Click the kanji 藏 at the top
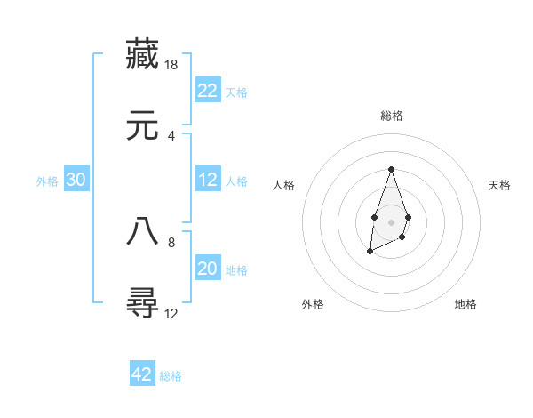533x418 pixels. point(142,54)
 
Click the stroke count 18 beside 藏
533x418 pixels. point(172,65)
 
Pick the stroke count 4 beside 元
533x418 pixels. point(171,136)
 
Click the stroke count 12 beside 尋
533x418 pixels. point(172,313)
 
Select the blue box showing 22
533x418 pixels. point(208,91)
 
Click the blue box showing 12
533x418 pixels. point(208,180)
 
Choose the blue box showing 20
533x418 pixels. point(208,269)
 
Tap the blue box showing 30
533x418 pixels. point(76,180)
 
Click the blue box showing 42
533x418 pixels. point(142,374)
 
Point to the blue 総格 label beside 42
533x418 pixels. point(171,376)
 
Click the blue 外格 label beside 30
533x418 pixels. point(47,181)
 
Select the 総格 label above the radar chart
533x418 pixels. point(391,116)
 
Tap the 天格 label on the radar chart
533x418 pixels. point(499,185)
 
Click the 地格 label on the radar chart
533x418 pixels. point(465,304)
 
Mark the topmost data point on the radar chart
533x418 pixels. point(391,169)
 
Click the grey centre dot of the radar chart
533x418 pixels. point(391,221)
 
